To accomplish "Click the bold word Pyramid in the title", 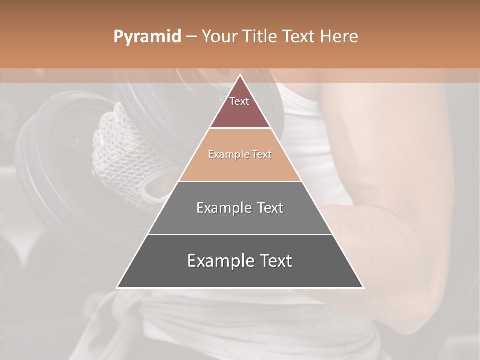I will click(x=147, y=37).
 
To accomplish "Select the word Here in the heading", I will click(x=340, y=36).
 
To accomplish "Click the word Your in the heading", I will click(x=219, y=36).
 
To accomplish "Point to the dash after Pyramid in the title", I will click(x=191, y=37).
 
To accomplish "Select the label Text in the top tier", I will click(x=239, y=101).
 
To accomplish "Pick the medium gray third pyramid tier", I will click(x=240, y=220).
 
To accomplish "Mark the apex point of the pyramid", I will click(x=240, y=75).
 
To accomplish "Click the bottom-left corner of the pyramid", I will click(x=117, y=287).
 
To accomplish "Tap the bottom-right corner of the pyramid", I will click(x=363, y=287).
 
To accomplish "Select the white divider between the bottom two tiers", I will click(x=240, y=234).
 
